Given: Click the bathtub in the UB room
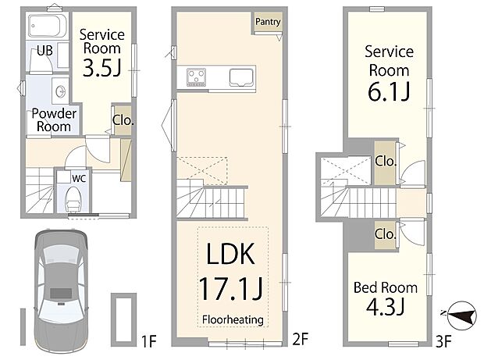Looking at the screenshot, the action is (47, 26).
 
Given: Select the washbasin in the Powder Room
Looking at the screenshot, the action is (60, 91).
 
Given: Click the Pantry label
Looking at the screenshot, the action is (268, 22).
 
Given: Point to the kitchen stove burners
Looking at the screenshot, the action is (196, 77).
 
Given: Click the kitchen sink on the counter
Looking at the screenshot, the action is (241, 77).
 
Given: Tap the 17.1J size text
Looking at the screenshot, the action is (231, 289).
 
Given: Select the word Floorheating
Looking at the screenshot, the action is (233, 319).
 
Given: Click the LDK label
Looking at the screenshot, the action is (230, 254).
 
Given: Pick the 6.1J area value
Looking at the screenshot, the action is (389, 91).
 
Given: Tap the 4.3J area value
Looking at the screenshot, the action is (386, 307).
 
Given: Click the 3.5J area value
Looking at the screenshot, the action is (101, 68).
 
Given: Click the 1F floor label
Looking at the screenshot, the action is (149, 341).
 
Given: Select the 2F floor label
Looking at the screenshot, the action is (301, 339).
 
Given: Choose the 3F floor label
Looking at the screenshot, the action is (443, 341).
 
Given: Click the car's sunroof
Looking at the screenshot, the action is (61, 293).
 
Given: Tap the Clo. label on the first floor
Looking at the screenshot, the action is (123, 120).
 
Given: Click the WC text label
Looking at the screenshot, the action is (79, 178).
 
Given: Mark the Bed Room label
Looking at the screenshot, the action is (386, 287).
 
